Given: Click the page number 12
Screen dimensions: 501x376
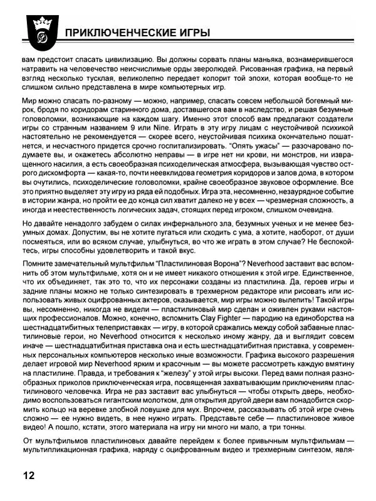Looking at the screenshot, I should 29,475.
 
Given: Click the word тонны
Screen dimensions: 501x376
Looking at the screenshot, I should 340,443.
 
